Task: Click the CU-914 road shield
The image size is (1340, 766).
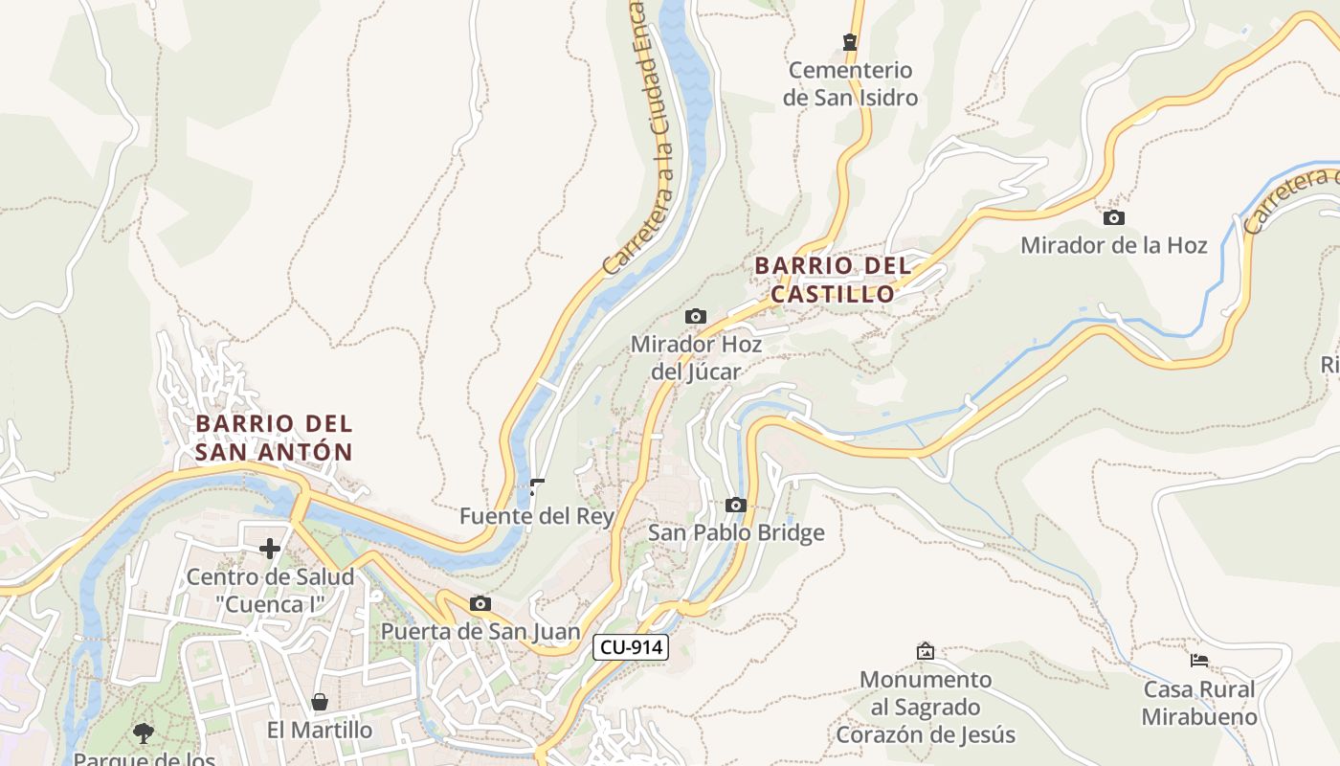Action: point(630,647)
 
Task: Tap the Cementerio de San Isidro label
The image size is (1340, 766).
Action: point(850,83)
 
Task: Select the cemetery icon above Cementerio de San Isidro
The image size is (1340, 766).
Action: point(849,41)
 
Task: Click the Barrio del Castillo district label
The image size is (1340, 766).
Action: point(833,280)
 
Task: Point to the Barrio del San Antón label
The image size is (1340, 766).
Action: point(274,438)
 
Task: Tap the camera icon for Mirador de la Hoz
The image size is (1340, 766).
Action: point(1113,217)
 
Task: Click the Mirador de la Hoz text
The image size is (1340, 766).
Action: point(1113,245)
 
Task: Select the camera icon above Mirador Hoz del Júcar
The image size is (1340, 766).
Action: point(696,316)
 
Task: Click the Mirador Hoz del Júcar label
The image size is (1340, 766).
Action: point(696,357)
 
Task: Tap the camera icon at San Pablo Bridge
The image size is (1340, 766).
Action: point(735,505)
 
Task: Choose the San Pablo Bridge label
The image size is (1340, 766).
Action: point(735,532)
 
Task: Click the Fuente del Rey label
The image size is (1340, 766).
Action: point(536,516)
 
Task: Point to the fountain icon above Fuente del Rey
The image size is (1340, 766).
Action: point(537,487)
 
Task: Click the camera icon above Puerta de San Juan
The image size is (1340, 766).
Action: point(480,603)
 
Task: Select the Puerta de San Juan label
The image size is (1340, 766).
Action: point(480,631)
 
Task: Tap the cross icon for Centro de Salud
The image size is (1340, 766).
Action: point(270,549)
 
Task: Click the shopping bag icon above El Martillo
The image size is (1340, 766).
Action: point(320,702)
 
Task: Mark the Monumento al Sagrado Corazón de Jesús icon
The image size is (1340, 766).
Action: point(925,651)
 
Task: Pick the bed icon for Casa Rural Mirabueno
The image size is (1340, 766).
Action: point(1198,660)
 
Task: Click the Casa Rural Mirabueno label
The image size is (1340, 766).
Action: point(1198,703)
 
